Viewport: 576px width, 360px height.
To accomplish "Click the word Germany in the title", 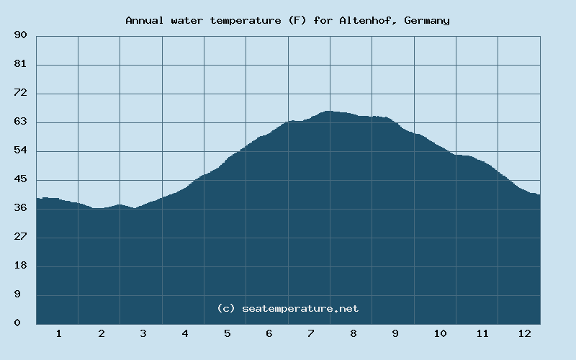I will (x=427, y=20).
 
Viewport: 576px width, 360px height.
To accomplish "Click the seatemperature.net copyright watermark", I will (x=287, y=308).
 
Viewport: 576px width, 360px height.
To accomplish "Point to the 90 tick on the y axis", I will (x=20, y=35).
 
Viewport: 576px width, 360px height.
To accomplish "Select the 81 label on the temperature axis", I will (x=20, y=65).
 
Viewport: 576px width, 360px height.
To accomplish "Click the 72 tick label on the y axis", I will (x=20, y=94).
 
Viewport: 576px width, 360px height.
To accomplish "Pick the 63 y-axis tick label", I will (x=20, y=122).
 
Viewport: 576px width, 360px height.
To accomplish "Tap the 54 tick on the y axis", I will (x=20, y=150).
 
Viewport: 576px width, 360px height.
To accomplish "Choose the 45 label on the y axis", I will (x=20, y=179).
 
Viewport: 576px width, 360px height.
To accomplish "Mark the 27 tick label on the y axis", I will (x=20, y=237).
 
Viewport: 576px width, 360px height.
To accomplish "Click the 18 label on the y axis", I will (x=20, y=266).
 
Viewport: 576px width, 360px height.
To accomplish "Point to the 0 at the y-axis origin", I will (x=17, y=323).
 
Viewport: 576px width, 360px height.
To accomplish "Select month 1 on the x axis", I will (x=58, y=333).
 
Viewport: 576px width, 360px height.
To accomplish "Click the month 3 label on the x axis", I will (x=143, y=333).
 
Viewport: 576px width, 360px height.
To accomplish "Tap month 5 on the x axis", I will (x=227, y=333).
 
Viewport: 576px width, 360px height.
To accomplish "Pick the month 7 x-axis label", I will (x=310, y=333).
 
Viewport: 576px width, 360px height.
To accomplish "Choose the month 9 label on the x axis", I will (x=395, y=333).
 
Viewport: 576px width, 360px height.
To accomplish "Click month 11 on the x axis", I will (x=482, y=333).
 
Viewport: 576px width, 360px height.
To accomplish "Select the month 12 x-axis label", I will (x=524, y=333).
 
